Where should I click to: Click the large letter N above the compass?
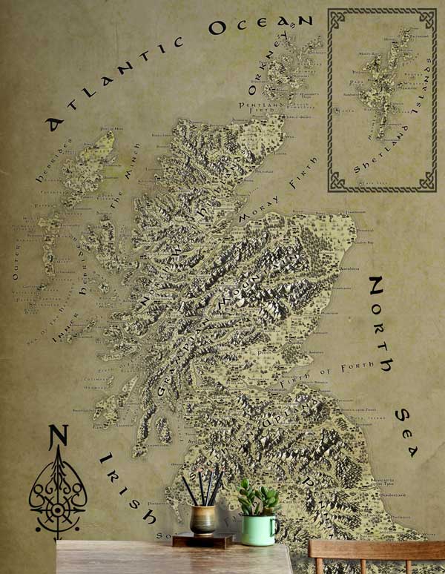[58, 438]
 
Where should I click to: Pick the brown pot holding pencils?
[202, 520]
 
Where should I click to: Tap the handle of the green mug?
[275, 527]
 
